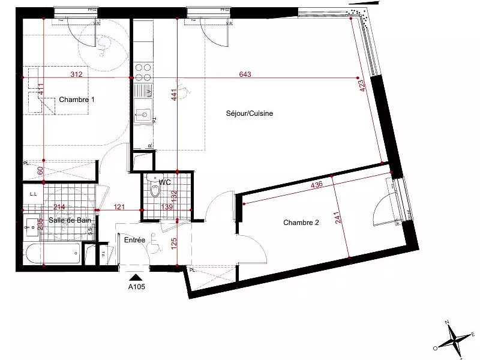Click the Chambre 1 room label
coord(77,100)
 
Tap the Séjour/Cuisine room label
coord(250,113)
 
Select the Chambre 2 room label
coord(301,223)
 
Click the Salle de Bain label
coord(70,221)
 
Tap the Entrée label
coord(135,240)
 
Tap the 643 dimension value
coord(245,74)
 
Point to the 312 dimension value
coord(76,74)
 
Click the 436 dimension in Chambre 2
coord(316,185)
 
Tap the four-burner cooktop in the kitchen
coord(143,73)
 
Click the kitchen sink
coord(143,115)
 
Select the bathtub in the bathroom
coord(53,255)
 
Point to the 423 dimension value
coord(362,88)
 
